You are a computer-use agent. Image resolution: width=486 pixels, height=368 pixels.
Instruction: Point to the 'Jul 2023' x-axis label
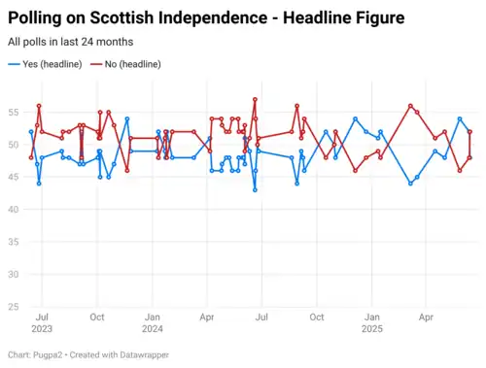[42, 323]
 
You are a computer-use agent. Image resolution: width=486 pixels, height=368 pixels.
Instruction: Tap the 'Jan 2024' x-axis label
[153, 323]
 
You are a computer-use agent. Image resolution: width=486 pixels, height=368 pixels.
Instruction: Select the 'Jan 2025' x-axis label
[371, 323]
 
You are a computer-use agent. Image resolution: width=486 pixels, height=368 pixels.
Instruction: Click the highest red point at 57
[255, 99]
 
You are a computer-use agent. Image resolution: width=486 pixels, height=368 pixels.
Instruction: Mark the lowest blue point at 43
[255, 190]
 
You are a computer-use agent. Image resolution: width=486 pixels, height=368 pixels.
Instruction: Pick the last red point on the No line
[470, 157]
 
